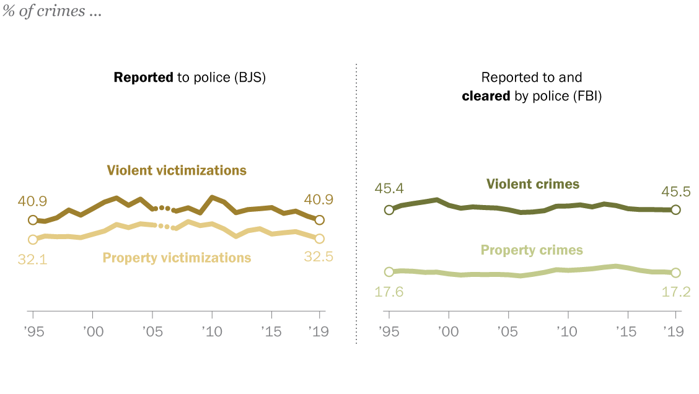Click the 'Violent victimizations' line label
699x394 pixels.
click(177, 170)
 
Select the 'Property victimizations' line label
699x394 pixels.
click(177, 258)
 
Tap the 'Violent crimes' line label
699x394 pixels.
click(532, 184)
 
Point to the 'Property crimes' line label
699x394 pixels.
click(532, 250)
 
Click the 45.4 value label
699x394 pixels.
click(389, 188)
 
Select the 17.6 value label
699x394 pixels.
click(389, 292)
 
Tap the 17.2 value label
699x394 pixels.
click(675, 292)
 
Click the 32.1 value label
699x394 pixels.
click(32, 259)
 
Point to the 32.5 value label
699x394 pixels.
click(319, 257)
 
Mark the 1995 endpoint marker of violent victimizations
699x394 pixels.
click(33, 220)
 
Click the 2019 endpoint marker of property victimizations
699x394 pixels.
click(320, 239)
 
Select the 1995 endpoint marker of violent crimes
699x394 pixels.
click(389, 209)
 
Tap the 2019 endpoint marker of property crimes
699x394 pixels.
click(675, 273)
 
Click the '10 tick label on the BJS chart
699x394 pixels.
click(212, 332)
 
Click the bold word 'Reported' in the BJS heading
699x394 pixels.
click(143, 77)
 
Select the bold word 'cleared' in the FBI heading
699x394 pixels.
click(486, 96)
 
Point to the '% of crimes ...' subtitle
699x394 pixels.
click(52, 12)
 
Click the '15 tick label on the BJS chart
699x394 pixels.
click(271, 332)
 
